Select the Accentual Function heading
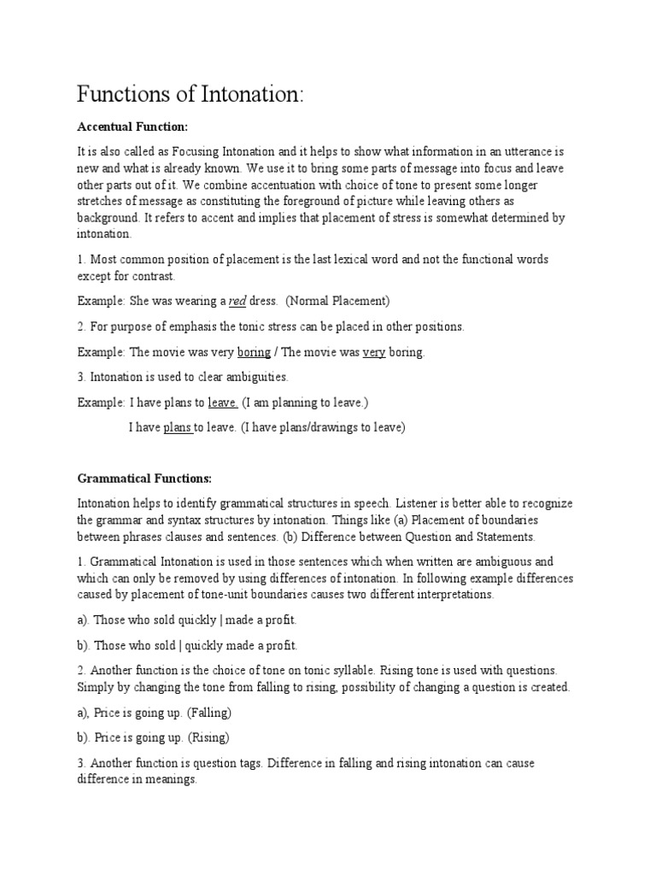point(132,126)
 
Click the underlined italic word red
point(239,300)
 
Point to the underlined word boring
point(249,351)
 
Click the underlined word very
point(374,351)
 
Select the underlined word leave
point(223,402)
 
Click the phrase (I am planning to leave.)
point(307,402)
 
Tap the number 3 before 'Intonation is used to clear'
point(80,376)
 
